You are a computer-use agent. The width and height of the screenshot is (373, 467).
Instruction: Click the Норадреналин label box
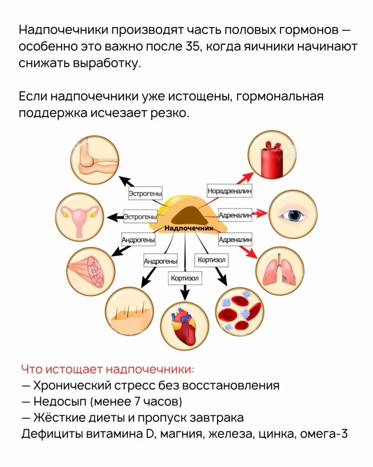(230, 191)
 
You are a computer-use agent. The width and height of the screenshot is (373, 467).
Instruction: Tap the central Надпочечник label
(189, 228)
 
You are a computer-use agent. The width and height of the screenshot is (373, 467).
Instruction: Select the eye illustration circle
(293, 214)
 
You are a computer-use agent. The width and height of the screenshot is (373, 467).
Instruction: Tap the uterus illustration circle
(79, 217)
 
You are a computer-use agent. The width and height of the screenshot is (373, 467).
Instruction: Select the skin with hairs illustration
(130, 311)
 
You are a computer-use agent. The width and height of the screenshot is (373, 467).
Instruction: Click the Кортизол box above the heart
(185, 278)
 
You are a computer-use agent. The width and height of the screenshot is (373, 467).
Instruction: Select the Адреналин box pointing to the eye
(235, 215)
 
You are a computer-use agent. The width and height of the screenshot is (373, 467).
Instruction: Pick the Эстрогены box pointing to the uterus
(141, 216)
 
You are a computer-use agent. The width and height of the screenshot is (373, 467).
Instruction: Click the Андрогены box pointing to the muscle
(138, 239)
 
